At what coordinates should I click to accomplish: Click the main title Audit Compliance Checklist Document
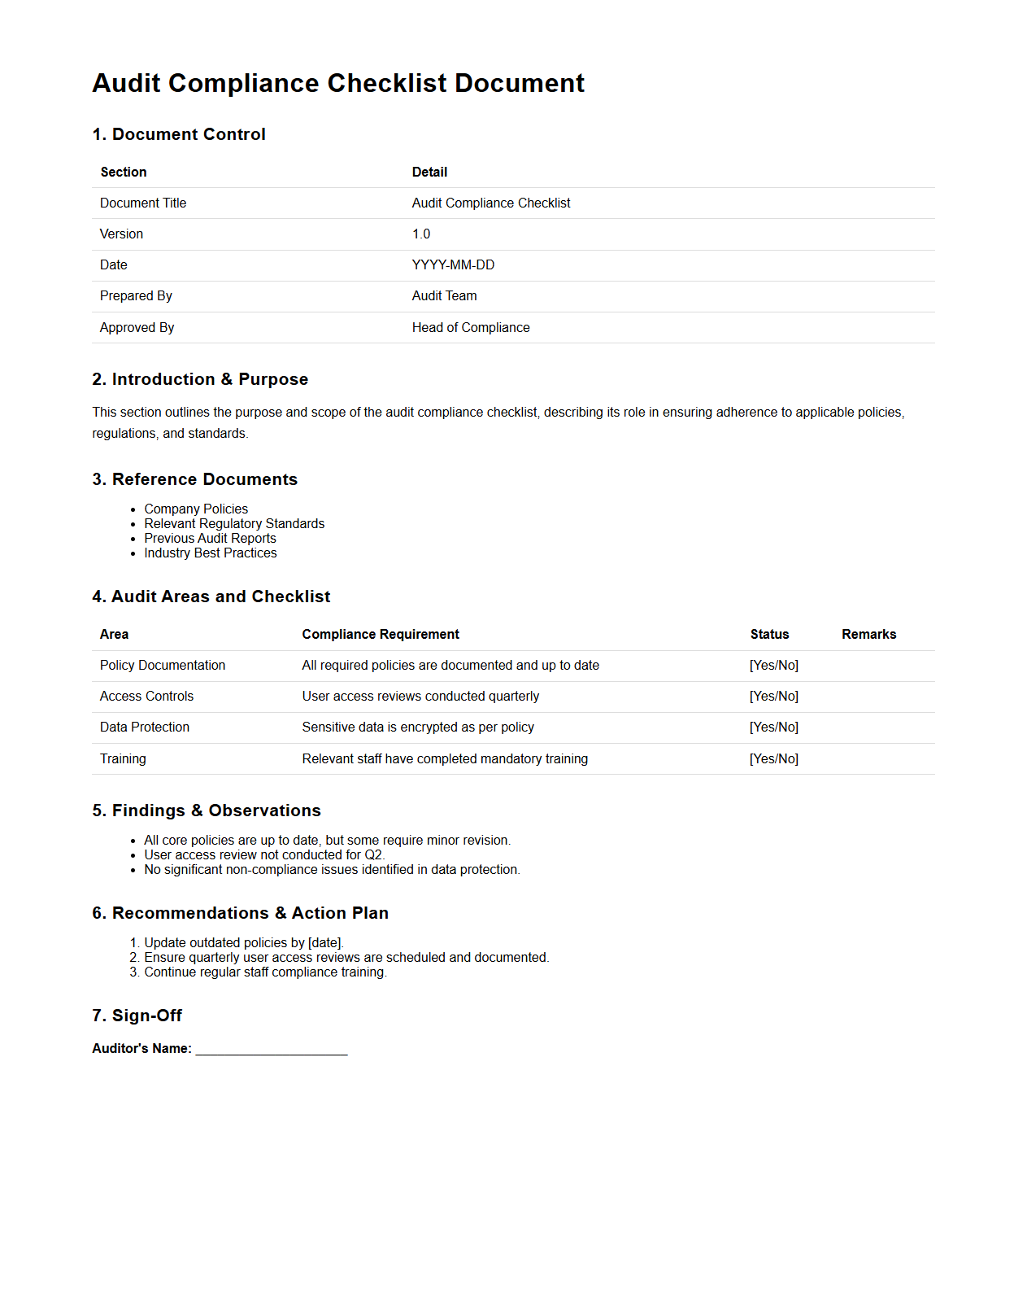[338, 83]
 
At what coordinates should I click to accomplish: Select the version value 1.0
[421, 234]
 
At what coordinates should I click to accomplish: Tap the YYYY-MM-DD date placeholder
[453, 265]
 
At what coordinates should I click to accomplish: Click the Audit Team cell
[444, 296]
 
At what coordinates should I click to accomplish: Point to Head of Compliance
[471, 327]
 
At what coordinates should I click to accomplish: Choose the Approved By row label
[137, 327]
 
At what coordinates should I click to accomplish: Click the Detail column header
[429, 173]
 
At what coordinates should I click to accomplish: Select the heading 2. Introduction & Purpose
[200, 379]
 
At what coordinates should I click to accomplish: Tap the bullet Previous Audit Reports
[210, 539]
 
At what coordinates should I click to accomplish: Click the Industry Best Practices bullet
[211, 553]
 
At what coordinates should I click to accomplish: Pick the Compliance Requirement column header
[381, 635]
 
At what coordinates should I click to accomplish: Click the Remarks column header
[868, 635]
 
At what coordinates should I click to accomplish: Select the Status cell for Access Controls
[773, 697]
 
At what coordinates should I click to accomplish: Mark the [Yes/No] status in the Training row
[773, 759]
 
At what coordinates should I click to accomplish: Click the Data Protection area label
[145, 727]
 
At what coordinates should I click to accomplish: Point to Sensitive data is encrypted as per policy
[418, 727]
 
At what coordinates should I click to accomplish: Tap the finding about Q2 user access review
[264, 855]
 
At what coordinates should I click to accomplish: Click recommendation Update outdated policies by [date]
[244, 943]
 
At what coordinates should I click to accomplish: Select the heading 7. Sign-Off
[137, 1016]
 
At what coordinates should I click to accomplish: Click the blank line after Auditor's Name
[272, 1049]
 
